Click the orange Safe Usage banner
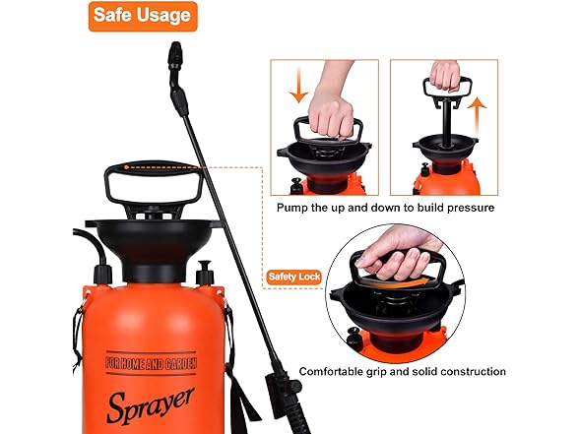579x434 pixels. [x=143, y=16]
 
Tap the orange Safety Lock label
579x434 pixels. [x=293, y=277]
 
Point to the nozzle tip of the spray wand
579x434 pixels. [x=175, y=45]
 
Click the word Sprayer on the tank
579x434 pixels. [x=151, y=405]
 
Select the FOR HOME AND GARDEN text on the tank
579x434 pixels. [x=151, y=363]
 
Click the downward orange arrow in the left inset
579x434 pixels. [x=298, y=85]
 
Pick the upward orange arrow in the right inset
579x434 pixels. [x=477, y=115]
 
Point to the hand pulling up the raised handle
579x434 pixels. [x=445, y=75]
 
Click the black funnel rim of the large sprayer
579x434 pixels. [x=154, y=223]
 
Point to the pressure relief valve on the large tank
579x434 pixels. [x=205, y=273]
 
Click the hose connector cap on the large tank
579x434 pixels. [x=102, y=275]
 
